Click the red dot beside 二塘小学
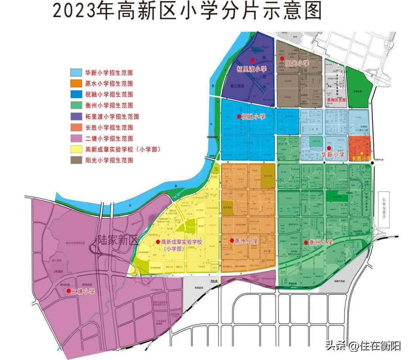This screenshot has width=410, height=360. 69,291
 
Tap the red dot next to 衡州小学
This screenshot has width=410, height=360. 306,242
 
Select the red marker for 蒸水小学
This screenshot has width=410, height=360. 232,240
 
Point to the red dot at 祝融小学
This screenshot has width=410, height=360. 238,117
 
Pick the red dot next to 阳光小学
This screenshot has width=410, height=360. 282,58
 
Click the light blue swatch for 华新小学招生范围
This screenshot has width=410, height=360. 76,72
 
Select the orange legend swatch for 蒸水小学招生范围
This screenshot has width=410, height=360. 76,83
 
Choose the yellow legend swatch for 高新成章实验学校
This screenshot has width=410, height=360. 76,149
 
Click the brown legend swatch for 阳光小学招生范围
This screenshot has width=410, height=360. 76,160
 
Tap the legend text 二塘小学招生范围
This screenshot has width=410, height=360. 109,139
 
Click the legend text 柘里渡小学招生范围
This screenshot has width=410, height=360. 112,117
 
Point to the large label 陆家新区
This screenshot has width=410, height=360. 117,240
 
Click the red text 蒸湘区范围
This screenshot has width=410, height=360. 336,100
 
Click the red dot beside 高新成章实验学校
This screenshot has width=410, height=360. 158,242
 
